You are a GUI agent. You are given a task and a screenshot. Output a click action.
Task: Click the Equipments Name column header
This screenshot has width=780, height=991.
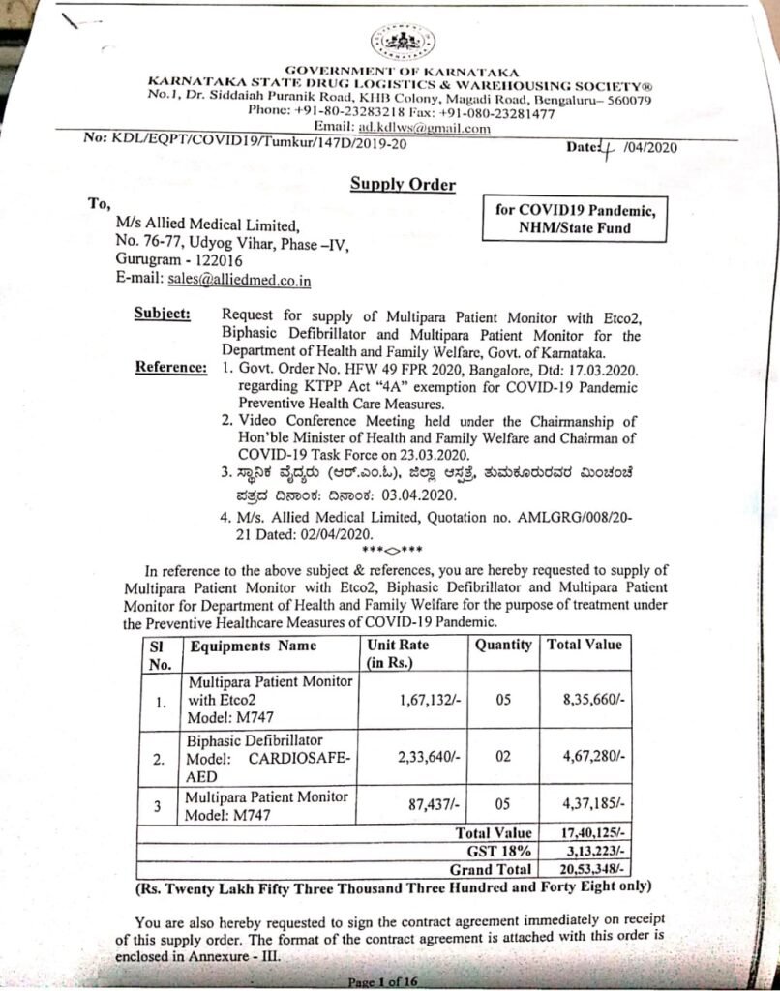click(x=253, y=644)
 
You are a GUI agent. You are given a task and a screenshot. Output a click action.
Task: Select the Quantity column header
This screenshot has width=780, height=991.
click(x=502, y=644)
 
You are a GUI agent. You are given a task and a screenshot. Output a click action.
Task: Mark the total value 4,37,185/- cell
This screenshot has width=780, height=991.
click(x=593, y=804)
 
